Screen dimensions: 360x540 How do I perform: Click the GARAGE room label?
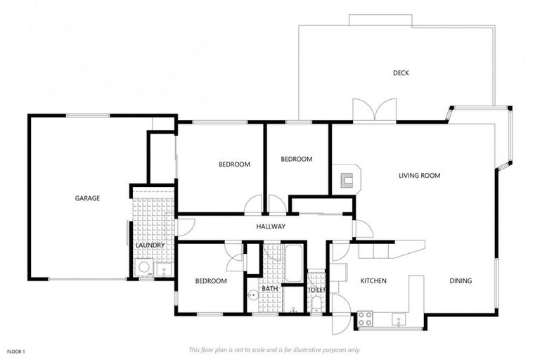(x=87, y=198)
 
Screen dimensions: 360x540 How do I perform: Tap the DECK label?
(x=401, y=73)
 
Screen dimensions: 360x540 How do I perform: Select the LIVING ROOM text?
(x=419, y=176)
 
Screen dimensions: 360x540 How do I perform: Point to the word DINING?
(x=461, y=281)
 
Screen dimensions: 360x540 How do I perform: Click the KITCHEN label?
(x=373, y=281)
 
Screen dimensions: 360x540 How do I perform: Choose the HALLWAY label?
(x=271, y=226)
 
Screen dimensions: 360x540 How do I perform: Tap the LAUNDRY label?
(x=150, y=245)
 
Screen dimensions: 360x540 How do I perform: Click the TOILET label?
(x=316, y=289)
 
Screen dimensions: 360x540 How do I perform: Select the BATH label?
(x=271, y=289)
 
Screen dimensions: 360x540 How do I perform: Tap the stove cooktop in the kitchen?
(x=366, y=319)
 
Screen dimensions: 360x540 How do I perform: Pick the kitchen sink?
(x=399, y=320)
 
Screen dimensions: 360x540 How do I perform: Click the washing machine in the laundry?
(x=144, y=268)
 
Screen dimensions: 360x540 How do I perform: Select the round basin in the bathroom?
(x=252, y=295)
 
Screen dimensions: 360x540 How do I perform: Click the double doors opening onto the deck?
(x=375, y=111)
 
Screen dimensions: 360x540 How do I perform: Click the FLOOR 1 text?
(x=16, y=350)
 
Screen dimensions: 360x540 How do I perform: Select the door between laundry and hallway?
(x=184, y=227)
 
